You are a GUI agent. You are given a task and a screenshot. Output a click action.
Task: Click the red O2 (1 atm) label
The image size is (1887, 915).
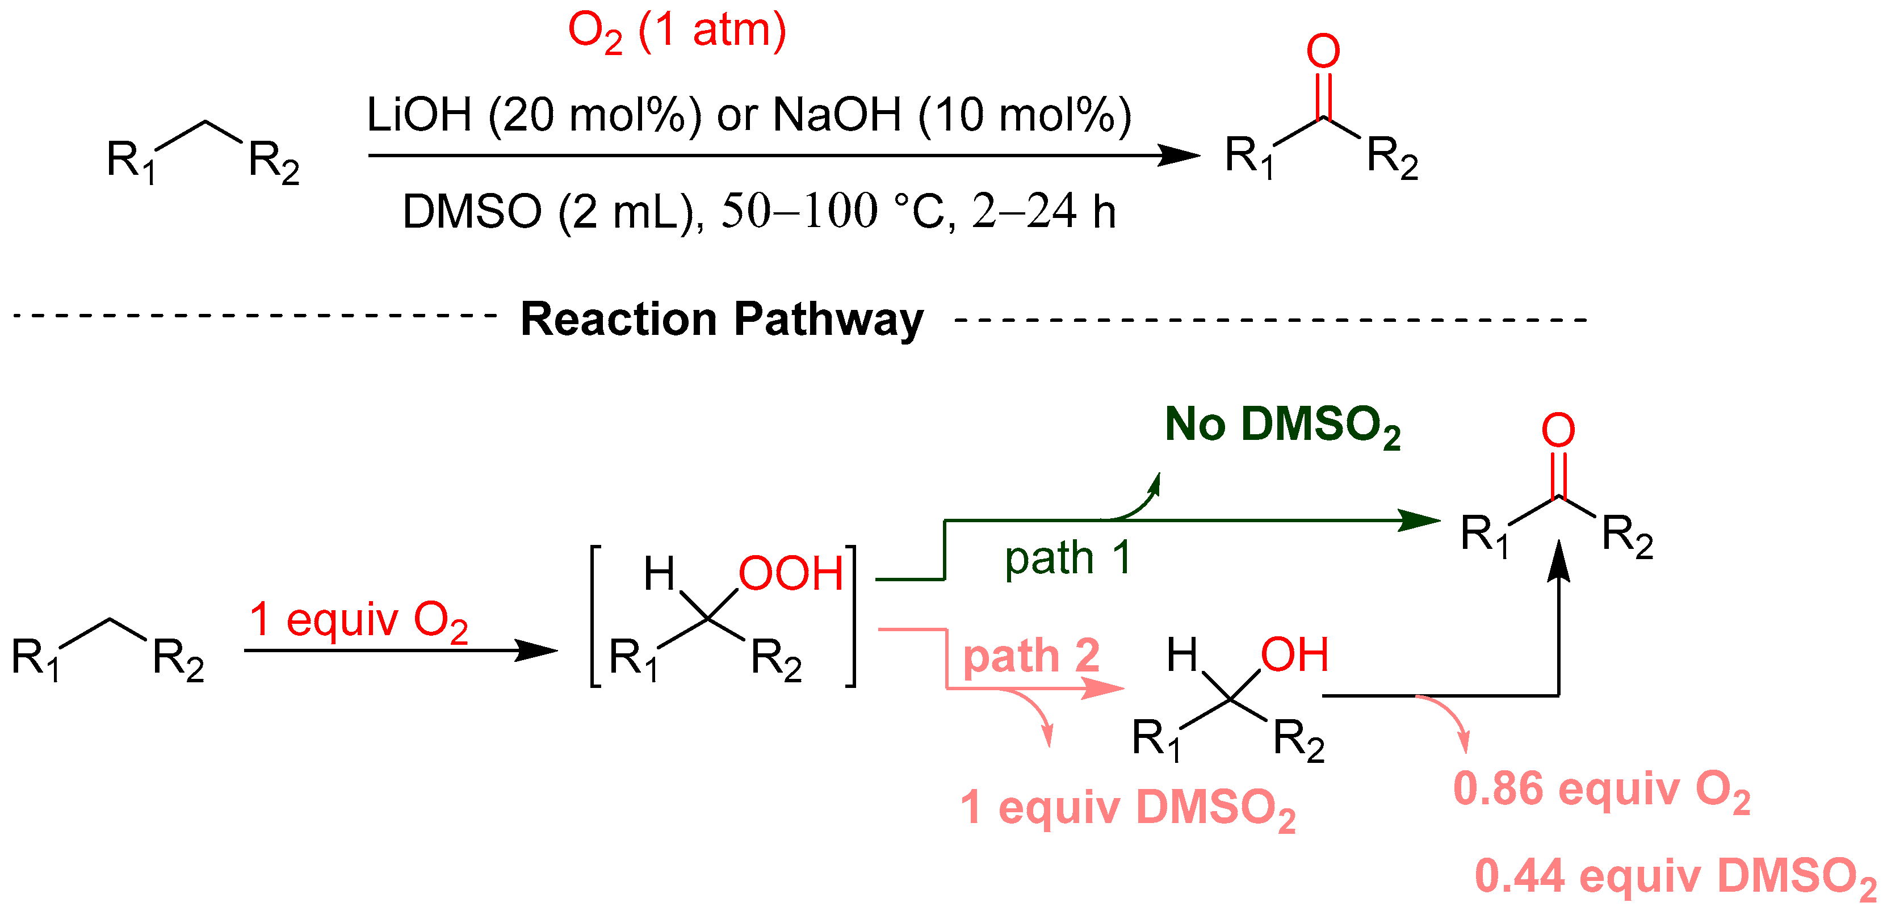point(676,33)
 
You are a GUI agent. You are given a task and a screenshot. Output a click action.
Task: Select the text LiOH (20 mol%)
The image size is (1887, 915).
point(533,116)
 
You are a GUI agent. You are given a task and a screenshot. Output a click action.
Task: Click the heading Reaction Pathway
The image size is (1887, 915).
point(722,320)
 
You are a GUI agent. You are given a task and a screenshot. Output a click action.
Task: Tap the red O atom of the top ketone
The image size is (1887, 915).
point(1323,51)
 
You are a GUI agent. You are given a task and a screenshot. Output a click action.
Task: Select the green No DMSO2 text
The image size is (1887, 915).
point(1282,426)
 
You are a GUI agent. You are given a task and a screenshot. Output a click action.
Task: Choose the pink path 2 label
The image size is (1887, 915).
point(1031,656)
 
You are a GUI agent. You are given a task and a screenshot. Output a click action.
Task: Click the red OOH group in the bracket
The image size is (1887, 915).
point(790,574)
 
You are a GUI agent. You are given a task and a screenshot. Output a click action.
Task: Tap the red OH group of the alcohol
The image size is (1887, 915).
point(1294,655)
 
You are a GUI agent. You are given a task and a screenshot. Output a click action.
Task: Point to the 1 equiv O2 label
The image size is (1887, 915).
point(358,621)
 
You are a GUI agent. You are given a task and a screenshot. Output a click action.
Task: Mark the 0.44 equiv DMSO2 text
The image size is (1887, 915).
point(1675,877)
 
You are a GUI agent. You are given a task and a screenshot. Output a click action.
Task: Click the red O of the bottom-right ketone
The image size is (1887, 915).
point(1558,430)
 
